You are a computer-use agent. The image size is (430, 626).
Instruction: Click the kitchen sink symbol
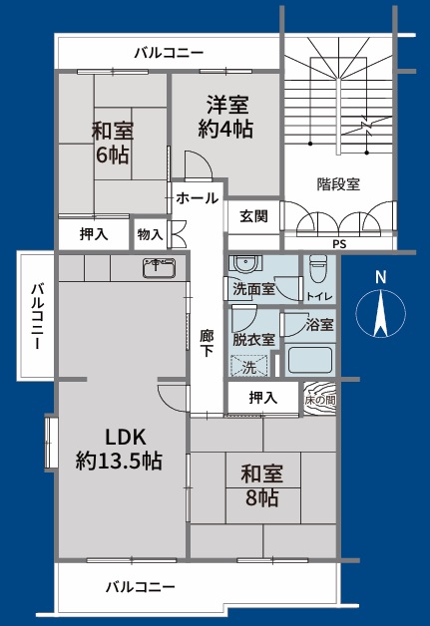click(159, 267)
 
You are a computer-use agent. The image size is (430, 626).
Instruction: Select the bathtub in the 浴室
click(310, 360)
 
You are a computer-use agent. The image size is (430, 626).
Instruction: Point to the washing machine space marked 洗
click(249, 366)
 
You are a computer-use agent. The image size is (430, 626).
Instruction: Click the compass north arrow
click(380, 313)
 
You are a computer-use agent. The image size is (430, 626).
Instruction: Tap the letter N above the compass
click(381, 277)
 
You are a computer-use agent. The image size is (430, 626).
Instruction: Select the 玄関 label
click(254, 216)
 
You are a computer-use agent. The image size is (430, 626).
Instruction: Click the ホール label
click(197, 197)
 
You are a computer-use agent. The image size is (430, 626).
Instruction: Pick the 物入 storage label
click(151, 234)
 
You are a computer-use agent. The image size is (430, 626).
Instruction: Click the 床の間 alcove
click(319, 400)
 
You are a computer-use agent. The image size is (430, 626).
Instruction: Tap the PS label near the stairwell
click(339, 244)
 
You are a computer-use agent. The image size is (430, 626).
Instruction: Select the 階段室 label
click(338, 184)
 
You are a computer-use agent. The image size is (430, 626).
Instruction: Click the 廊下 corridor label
click(207, 343)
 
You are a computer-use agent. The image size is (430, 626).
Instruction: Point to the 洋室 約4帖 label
click(225, 117)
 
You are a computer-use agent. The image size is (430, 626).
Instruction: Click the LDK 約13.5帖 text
click(119, 450)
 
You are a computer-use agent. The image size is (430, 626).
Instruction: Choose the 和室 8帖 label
click(261, 485)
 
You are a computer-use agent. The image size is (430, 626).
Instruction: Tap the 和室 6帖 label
click(113, 143)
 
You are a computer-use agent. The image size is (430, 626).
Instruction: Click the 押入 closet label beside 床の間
click(262, 398)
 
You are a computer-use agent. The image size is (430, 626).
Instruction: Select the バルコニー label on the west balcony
click(37, 316)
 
